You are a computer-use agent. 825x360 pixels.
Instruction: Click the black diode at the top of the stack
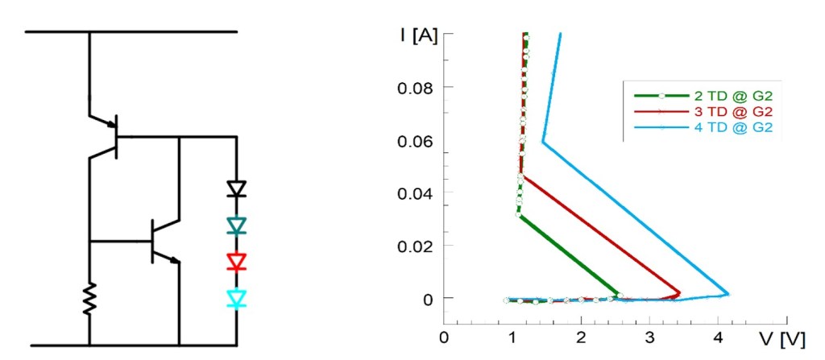pyautogui.click(x=236, y=189)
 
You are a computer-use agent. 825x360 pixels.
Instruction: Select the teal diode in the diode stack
pyautogui.click(x=236, y=226)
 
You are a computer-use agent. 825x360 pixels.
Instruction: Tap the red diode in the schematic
pyautogui.click(x=236, y=262)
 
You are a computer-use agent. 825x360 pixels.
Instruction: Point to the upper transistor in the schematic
pyautogui.click(x=111, y=136)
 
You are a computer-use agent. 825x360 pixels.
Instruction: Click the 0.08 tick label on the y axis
pyautogui.click(x=416, y=87)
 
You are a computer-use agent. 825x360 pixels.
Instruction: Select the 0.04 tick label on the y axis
pyautogui.click(x=416, y=192)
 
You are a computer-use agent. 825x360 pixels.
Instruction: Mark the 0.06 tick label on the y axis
pyautogui.click(x=416, y=140)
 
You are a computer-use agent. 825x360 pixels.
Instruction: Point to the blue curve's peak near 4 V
pyautogui.click(x=728, y=294)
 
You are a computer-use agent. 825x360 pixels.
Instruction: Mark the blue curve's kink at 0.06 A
pyautogui.click(x=543, y=142)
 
